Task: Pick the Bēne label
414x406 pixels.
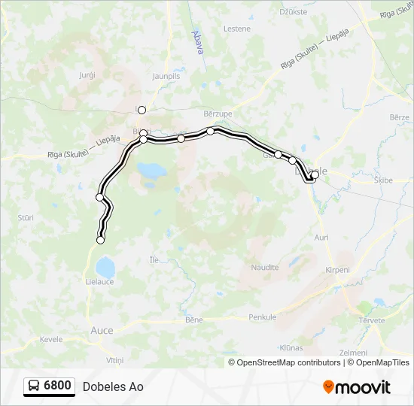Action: click(193, 320)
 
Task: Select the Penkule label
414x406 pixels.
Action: click(262, 317)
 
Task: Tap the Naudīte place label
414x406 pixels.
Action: click(264, 267)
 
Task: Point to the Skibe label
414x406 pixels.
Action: click(384, 180)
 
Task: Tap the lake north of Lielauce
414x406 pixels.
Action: click(104, 266)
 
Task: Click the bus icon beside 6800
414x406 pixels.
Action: click(35, 386)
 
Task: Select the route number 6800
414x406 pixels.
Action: click(58, 386)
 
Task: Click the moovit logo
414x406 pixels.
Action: click(357, 387)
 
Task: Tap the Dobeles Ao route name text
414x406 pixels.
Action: click(113, 387)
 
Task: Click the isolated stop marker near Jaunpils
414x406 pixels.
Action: click(142, 110)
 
